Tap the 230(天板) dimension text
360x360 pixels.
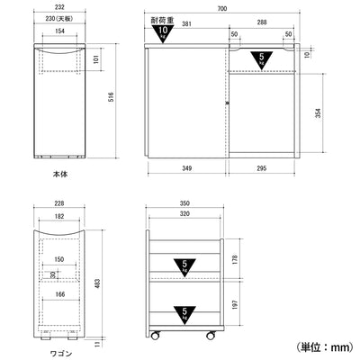coord(58,19)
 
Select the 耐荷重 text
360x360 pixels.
coord(163,20)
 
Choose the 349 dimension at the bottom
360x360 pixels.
coord(185,167)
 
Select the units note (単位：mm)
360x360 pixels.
coord(324,346)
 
